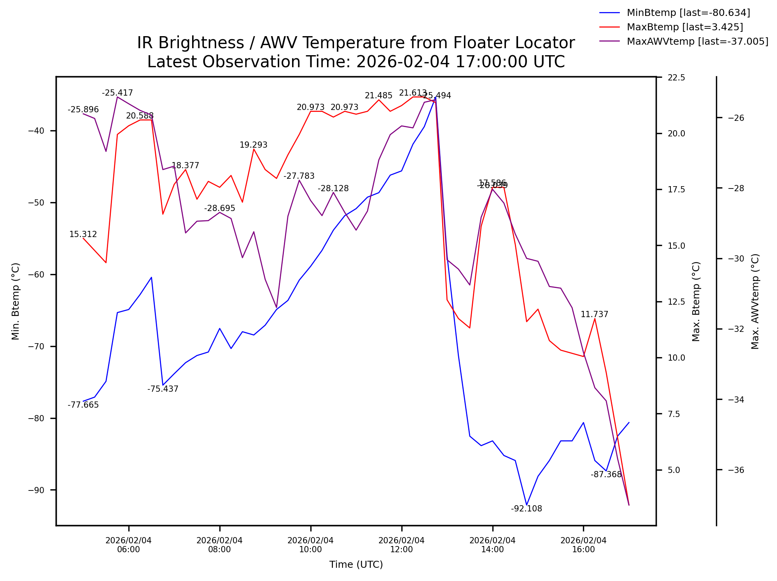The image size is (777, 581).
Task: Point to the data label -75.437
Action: [163, 389]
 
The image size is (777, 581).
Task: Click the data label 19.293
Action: [253, 145]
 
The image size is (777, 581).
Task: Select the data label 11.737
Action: [594, 314]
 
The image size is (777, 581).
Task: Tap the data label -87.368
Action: [606, 475]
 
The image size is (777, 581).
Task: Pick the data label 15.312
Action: [83, 234]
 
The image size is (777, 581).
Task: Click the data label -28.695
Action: [219, 208]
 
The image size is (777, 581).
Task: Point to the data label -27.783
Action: [299, 176]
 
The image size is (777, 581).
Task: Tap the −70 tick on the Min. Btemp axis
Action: [36, 346]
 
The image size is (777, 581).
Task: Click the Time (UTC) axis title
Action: [356, 565]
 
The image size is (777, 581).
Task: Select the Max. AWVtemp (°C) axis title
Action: [755, 301]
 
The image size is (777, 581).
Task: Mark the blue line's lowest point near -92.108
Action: [526, 504]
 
